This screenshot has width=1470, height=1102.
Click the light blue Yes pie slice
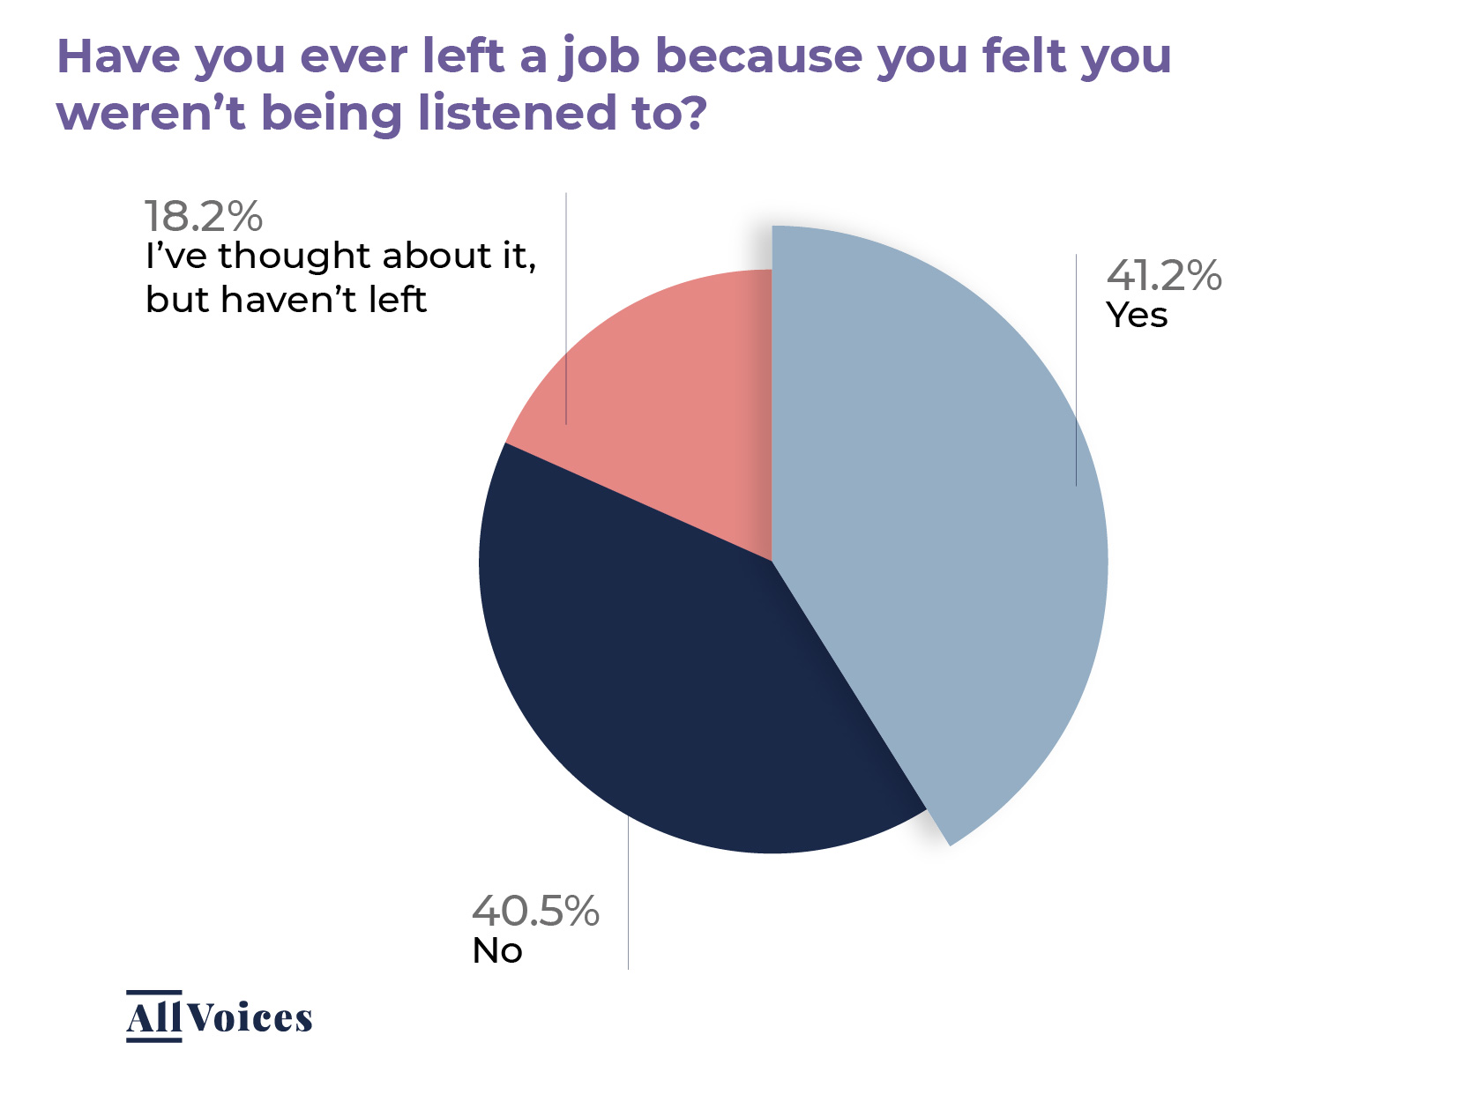click(x=935, y=529)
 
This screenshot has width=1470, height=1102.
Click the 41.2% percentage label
click(x=1164, y=276)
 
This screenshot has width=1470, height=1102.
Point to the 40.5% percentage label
click(x=535, y=911)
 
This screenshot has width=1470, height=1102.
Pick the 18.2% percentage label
click(x=203, y=216)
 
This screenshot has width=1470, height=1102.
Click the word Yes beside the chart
click(x=1137, y=316)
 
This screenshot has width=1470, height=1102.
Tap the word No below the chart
click(x=497, y=951)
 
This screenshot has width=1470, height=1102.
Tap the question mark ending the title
click(x=694, y=113)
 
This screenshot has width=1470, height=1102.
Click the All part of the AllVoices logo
click(x=154, y=1018)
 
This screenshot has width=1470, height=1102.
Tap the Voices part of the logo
click(x=250, y=1018)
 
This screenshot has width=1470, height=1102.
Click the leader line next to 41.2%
click(x=1076, y=370)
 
